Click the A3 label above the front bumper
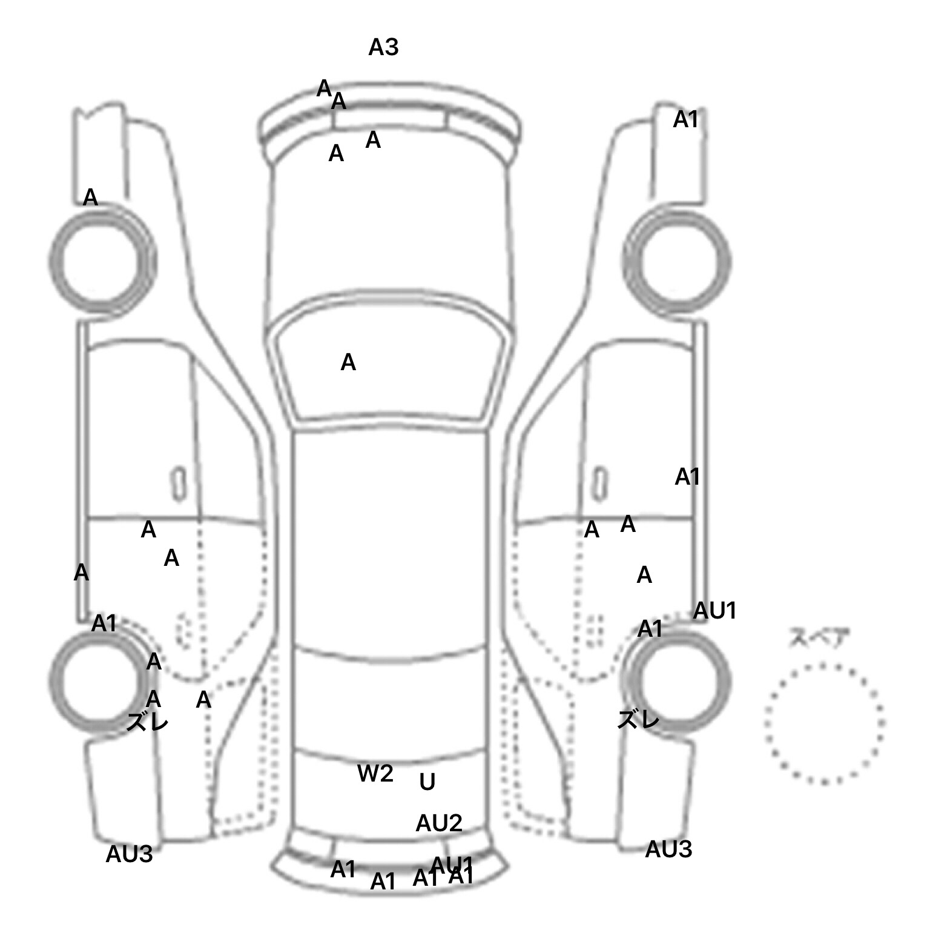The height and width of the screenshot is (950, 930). [x=383, y=47]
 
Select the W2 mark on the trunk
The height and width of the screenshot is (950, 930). [x=375, y=773]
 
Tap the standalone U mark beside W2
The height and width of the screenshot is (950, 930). [x=427, y=783]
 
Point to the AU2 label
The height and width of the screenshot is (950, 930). [x=439, y=823]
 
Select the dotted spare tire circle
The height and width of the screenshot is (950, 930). [x=824, y=723]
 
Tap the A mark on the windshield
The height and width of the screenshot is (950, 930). [x=348, y=363]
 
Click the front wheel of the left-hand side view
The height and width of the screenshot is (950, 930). [x=101, y=259]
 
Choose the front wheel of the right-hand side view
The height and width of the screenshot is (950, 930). [x=677, y=262]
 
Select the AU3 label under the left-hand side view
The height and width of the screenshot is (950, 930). [x=129, y=854]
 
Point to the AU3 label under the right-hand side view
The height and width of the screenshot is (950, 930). [x=668, y=849]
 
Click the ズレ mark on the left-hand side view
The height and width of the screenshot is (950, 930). [x=147, y=722]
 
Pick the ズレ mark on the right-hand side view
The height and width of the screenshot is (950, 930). [x=638, y=720]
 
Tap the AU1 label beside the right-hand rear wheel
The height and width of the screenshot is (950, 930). [x=714, y=611]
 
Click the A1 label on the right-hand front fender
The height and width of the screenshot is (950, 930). [x=686, y=120]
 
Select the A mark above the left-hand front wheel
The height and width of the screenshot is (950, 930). [x=90, y=198]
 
